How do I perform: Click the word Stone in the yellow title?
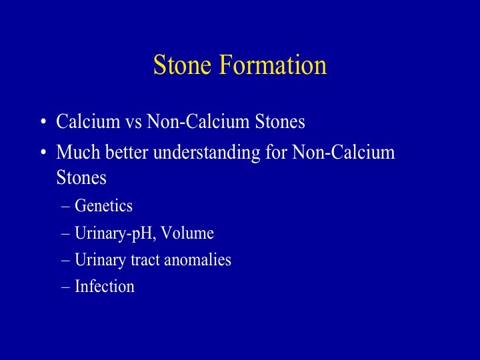coord(182,65)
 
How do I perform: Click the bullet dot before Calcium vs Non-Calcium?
coord(43,122)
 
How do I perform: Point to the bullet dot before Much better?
coord(43,152)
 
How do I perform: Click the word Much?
coord(78,152)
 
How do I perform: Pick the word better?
coord(127,152)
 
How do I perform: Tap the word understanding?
coord(207,153)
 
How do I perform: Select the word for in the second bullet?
coord(276,151)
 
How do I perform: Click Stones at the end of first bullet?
coord(280,121)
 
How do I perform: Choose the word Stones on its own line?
coord(81,177)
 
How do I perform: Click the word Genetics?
coord(103,205)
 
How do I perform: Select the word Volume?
coord(187,233)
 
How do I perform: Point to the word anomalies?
coord(198,259)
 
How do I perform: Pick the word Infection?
coord(105,287)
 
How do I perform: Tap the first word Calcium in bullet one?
coord(88,121)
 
